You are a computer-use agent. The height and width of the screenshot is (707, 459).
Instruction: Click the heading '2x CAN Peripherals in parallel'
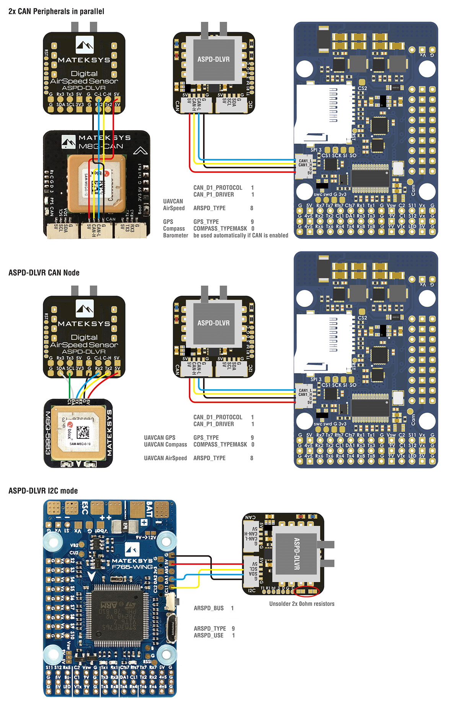[56, 11]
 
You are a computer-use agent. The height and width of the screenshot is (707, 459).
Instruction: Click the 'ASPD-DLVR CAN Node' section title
[44, 273]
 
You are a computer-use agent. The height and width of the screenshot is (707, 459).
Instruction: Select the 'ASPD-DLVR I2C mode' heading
[43, 491]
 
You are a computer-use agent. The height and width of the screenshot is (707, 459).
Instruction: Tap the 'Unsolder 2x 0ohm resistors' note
[302, 604]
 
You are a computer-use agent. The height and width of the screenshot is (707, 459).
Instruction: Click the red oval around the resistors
[308, 591]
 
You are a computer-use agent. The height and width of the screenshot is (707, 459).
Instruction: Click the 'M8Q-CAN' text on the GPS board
[101, 146]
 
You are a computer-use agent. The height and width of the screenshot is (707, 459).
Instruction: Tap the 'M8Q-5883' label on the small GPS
[48, 433]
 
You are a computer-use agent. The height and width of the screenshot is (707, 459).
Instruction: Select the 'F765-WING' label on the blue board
[132, 567]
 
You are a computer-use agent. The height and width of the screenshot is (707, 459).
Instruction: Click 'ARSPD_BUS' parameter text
[208, 608]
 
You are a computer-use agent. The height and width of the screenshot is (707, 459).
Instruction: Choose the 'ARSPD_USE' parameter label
[208, 635]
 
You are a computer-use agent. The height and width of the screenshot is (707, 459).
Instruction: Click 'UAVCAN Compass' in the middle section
[165, 445]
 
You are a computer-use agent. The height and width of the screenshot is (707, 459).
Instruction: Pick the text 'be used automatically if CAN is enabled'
[241, 236]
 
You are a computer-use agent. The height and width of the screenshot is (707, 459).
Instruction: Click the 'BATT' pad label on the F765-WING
[150, 509]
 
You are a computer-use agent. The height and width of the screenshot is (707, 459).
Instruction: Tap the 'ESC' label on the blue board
[85, 508]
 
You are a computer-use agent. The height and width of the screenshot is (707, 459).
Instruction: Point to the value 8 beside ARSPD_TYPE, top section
[252, 208]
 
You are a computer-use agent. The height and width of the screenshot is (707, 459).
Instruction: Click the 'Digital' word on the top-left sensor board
[84, 74]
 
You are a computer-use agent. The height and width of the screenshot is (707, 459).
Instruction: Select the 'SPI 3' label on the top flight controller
[316, 150]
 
